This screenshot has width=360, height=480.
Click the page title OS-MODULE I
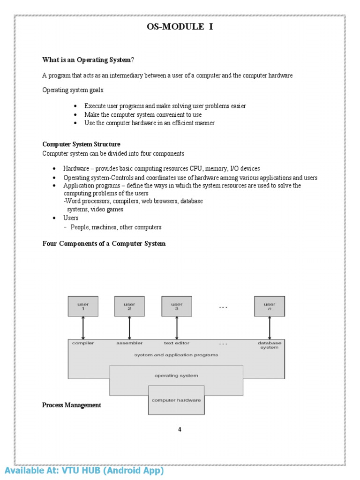[180, 27]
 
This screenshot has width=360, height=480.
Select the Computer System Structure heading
[81, 144]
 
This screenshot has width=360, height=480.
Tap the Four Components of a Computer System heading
[104, 244]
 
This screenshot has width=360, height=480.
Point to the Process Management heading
[71, 405]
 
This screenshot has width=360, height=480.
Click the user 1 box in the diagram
[83, 306]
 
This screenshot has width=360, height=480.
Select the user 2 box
[129, 306]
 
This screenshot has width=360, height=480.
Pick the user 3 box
[177, 306]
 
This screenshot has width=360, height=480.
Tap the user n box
[270, 306]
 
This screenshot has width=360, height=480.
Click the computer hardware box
[176, 400]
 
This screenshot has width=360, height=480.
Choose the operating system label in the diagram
[176, 375]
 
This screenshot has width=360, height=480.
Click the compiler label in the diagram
[83, 343]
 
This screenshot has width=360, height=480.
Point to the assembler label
[129, 343]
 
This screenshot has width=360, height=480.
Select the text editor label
[177, 343]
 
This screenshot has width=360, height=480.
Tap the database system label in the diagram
[270, 345]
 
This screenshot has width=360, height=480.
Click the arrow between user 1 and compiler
[83, 328]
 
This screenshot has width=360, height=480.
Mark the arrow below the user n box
[270, 328]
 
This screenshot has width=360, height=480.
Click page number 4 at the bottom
[180, 429]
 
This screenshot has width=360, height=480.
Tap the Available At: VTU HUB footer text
[84, 471]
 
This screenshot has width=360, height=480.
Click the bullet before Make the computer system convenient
[75, 115]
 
